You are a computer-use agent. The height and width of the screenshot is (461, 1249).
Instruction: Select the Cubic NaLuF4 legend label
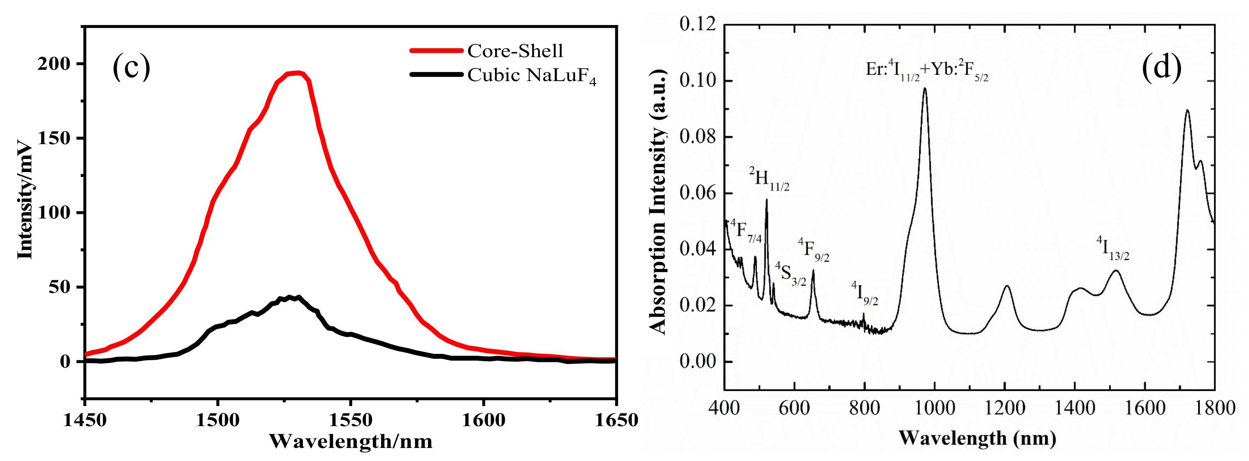click(531, 76)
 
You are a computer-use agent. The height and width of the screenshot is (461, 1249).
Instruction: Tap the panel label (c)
click(132, 67)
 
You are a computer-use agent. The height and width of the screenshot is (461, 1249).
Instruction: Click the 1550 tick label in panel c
click(350, 420)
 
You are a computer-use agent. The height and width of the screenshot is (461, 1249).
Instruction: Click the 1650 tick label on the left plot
click(616, 420)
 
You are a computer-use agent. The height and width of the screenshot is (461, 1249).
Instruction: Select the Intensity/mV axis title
click(24, 200)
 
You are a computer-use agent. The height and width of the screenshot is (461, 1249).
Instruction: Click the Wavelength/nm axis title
click(350, 442)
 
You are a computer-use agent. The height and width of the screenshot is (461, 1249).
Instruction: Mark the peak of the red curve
click(298, 73)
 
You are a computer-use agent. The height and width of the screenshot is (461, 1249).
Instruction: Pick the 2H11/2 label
click(769, 179)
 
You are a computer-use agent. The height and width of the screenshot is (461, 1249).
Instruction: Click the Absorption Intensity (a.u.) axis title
click(658, 201)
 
